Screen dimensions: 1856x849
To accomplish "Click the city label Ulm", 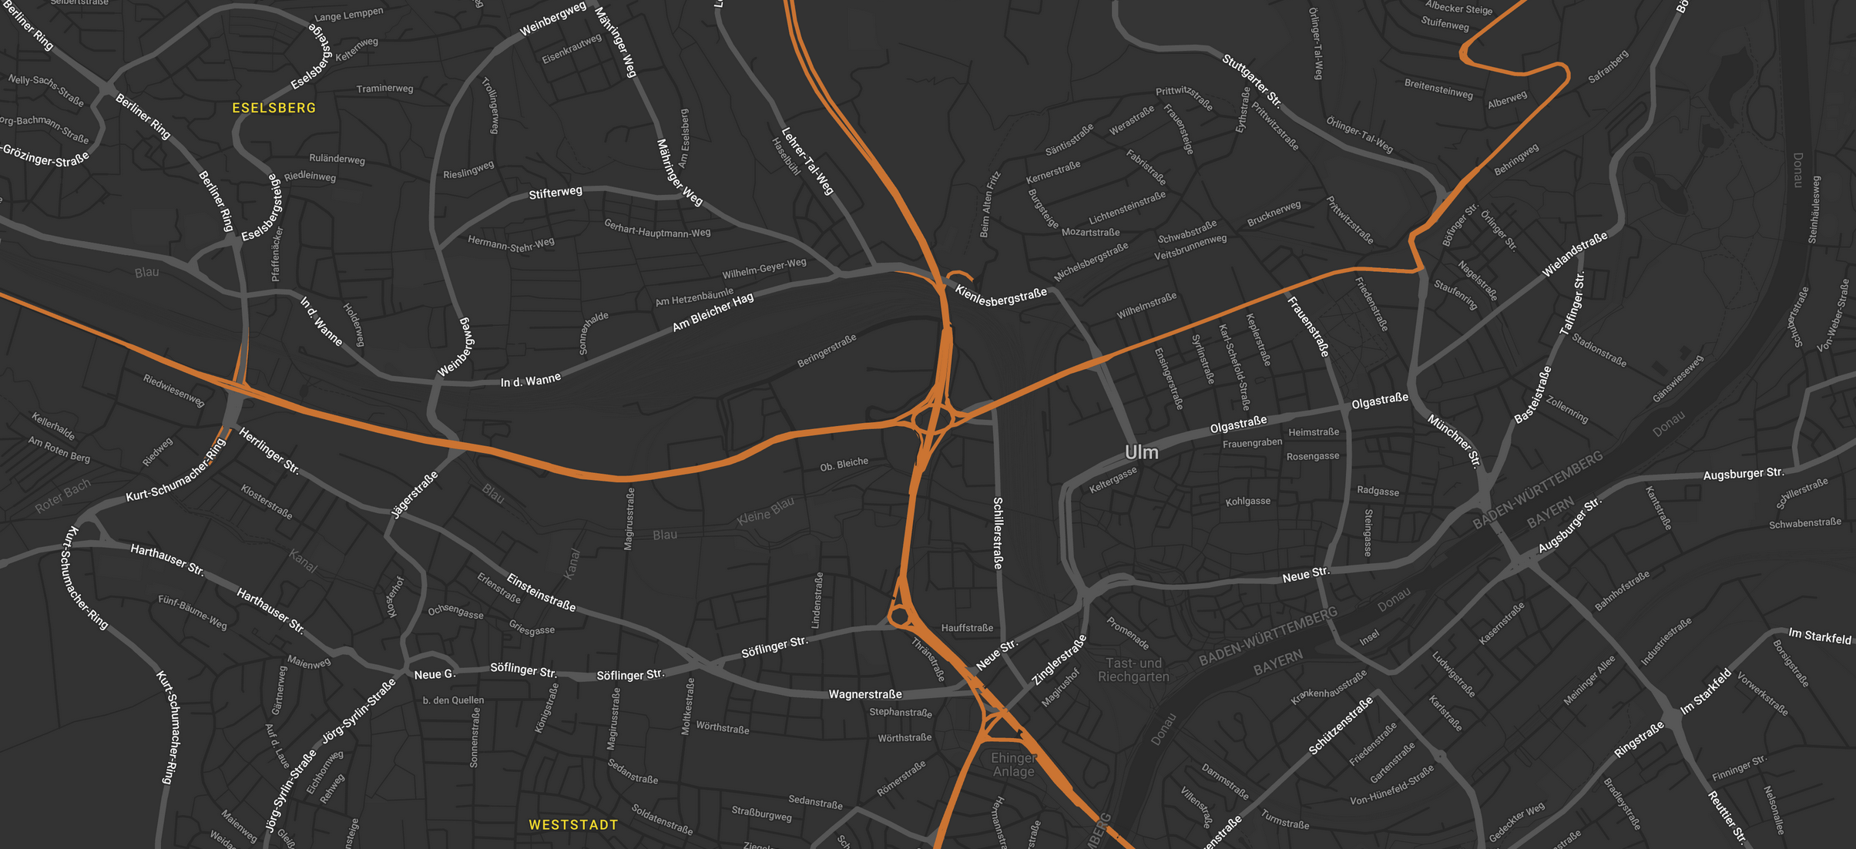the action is pos(1141,452).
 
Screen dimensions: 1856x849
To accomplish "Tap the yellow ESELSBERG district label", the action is pos(274,108).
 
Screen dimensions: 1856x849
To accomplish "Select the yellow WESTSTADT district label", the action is pos(573,824).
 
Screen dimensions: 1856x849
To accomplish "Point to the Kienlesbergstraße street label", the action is pos(1001,296).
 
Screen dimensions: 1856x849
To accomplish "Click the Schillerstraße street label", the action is pos(998,533).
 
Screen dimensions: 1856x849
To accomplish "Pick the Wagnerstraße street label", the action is pos(864,694).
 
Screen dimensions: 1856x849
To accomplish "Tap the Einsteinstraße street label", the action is pos(541,592).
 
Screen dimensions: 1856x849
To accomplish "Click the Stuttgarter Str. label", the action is pos(1252,81).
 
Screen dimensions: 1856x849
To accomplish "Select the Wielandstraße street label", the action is pos(1575,254).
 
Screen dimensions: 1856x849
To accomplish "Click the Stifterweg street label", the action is pos(555,193).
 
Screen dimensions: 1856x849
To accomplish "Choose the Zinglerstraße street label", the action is pos(1059,659).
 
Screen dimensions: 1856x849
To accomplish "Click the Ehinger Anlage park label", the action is pos(1013,764).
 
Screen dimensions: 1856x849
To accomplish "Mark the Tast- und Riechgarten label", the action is pos(1133,669).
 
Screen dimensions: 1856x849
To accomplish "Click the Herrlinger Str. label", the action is pos(269,450).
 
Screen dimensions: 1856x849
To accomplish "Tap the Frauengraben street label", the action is pos(1252,443).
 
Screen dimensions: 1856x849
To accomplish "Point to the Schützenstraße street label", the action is pos(1341,726).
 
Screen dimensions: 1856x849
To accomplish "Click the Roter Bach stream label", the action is pos(63,496).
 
